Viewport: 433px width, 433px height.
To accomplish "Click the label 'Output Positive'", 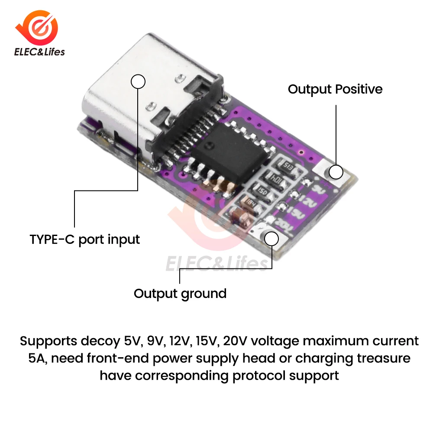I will tap(335, 89).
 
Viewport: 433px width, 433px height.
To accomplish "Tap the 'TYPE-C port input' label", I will tap(85, 239).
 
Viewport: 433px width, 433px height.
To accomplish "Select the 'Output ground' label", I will tap(180, 293).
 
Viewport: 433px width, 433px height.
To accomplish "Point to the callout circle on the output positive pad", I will tap(336, 172).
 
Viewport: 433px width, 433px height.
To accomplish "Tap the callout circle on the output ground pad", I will tap(271, 239).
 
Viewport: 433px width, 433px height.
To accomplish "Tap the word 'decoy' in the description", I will tap(98, 341).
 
